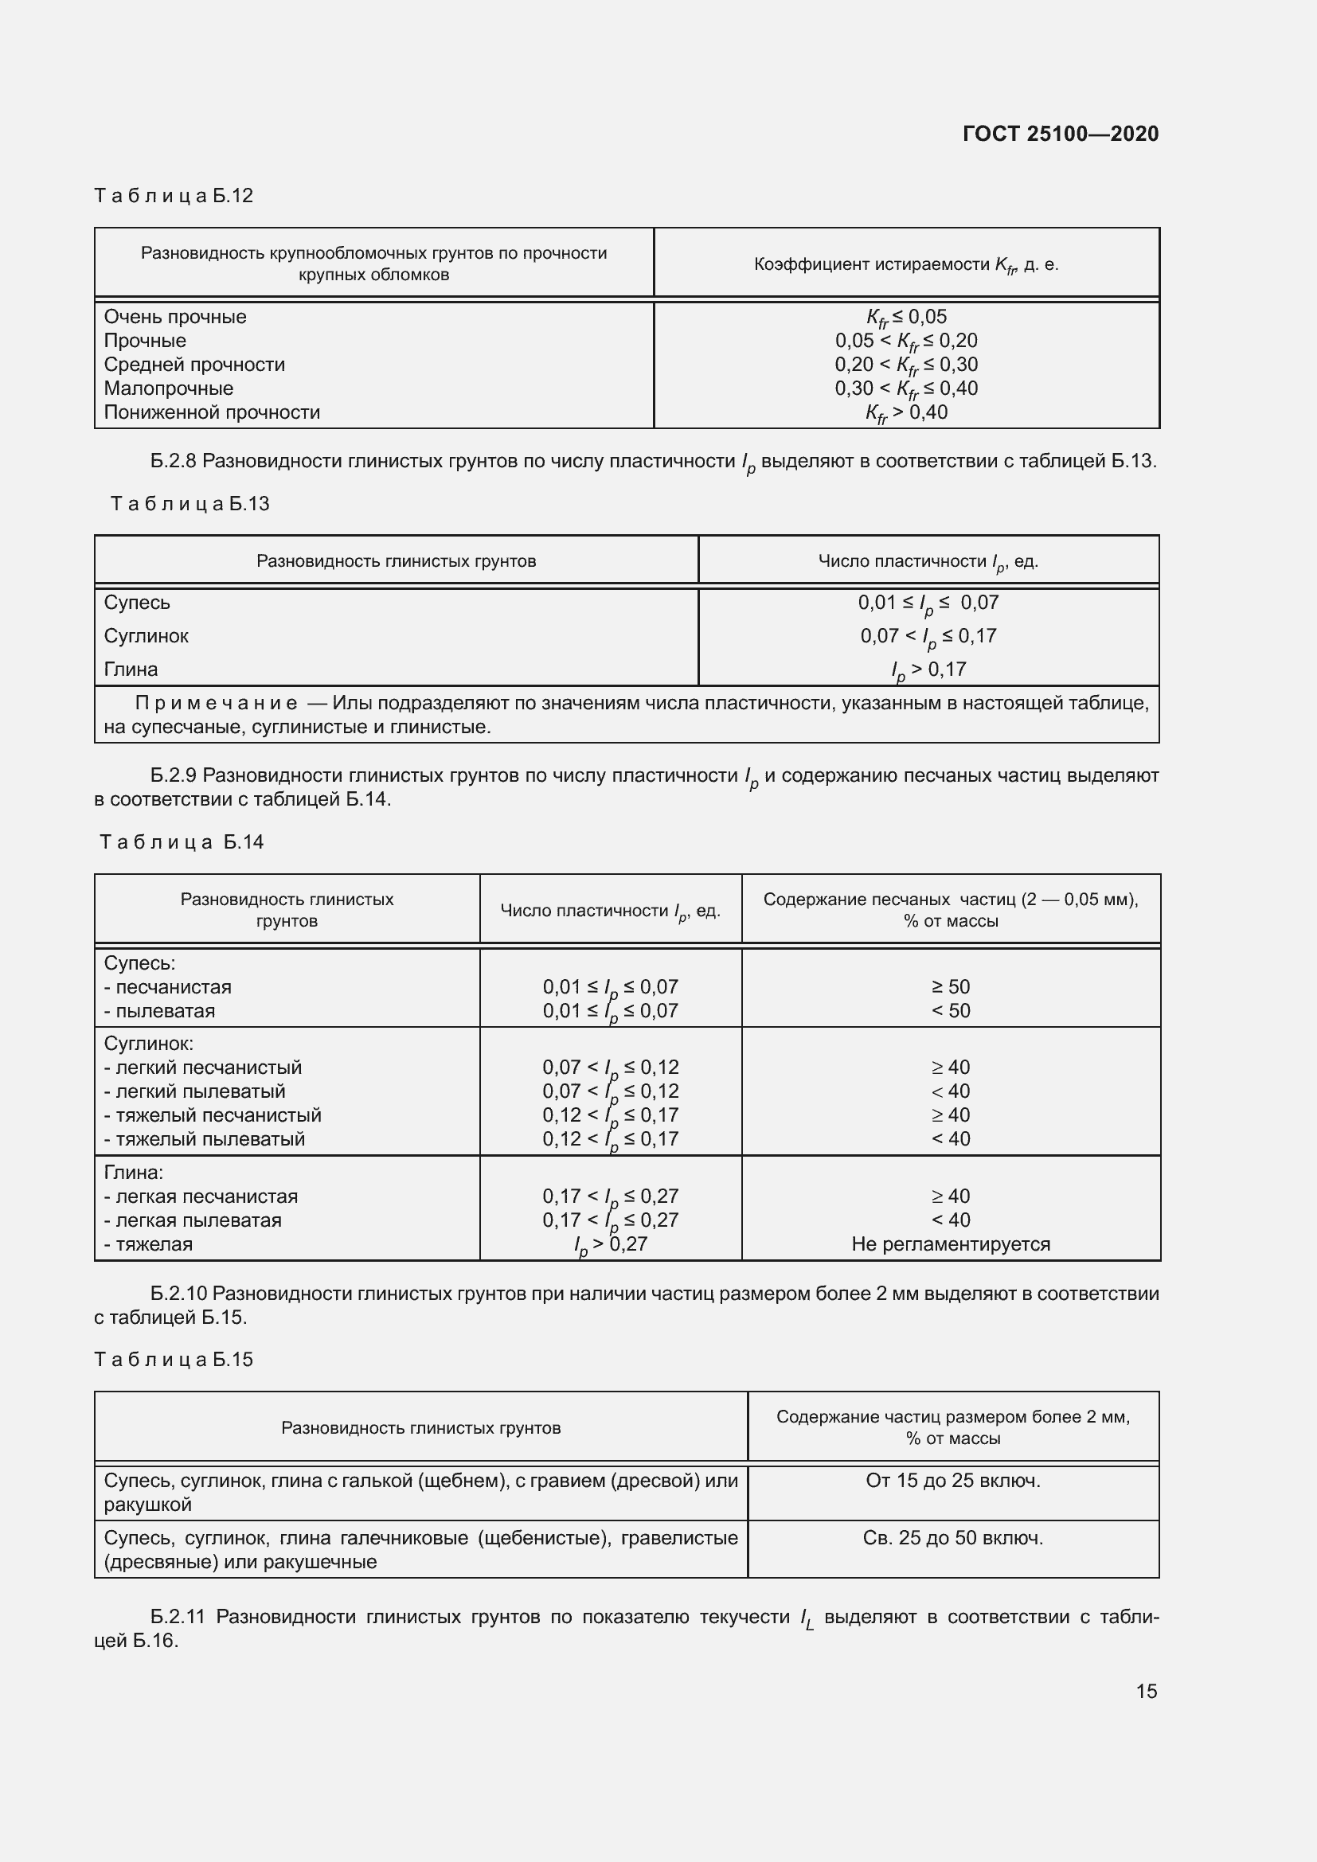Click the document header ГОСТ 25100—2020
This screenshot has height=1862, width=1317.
[x=1060, y=134]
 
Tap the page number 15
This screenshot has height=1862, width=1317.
[x=1146, y=1691]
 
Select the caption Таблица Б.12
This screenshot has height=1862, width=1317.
[x=174, y=196]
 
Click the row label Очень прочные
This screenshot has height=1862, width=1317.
[x=175, y=317]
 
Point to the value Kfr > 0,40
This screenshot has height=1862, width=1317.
[x=906, y=413]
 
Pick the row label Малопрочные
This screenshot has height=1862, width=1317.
[x=169, y=388]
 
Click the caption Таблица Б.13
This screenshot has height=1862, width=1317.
[x=190, y=504]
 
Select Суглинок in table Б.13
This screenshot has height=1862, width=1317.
[x=146, y=636]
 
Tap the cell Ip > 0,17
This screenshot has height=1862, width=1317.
[x=928, y=669]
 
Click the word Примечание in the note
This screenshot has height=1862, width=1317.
[x=216, y=703]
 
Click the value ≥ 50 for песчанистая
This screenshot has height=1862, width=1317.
[x=951, y=987]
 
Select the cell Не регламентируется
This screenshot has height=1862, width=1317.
[x=951, y=1244]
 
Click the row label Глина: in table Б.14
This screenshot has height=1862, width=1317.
[x=134, y=1173]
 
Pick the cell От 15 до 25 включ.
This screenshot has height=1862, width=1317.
[x=953, y=1481]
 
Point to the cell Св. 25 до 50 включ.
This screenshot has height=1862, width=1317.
[x=953, y=1538]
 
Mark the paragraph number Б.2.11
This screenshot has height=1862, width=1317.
[x=178, y=1616]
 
